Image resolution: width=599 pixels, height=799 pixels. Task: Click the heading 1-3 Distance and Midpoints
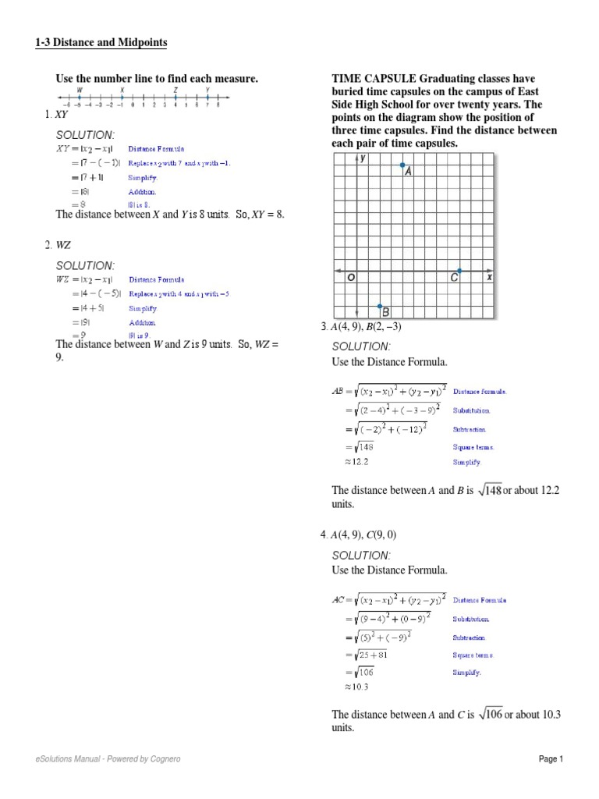point(101,42)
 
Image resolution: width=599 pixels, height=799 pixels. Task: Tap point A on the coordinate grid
point(402,165)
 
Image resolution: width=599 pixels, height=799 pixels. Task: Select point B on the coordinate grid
point(380,307)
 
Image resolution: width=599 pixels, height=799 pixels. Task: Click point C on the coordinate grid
point(459,272)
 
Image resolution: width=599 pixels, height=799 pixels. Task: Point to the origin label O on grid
point(351,277)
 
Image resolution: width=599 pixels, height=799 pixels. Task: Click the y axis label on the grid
point(363,158)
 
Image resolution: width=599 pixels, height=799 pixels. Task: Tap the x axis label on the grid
point(489,277)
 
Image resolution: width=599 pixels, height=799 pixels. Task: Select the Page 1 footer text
point(551,759)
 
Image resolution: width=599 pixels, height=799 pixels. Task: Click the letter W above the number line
point(80,91)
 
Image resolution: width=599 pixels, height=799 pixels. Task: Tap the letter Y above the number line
point(207,91)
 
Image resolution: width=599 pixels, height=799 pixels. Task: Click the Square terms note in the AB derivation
point(473,447)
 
